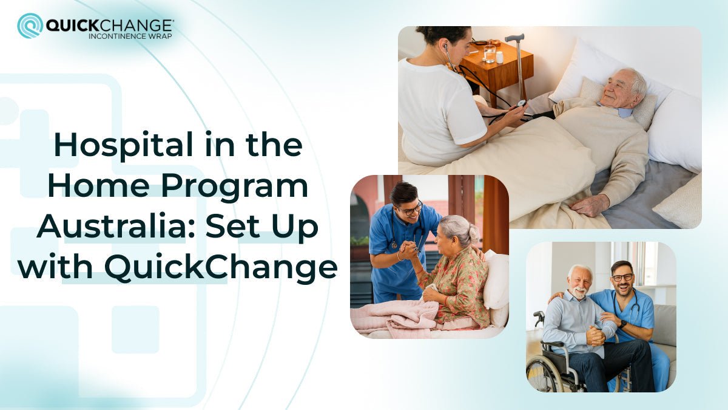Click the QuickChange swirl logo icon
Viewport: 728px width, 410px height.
point(30,26)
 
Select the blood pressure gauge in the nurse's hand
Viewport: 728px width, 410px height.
point(521,104)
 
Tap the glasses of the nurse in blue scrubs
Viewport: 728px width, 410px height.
point(413,209)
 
